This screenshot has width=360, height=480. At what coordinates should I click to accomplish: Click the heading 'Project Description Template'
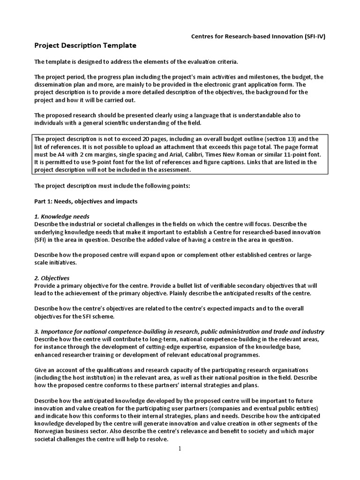tap(85, 46)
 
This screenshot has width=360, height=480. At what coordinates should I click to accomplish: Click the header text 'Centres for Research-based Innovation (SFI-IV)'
tap(253, 37)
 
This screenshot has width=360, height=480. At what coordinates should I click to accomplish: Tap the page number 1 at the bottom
tap(180, 449)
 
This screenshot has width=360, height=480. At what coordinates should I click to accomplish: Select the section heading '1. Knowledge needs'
tap(63, 217)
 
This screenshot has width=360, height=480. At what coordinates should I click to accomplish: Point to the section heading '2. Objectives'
tap(52, 278)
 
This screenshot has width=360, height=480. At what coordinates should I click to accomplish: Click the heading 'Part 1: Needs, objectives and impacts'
tap(86, 201)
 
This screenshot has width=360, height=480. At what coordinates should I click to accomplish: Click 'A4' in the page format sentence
tap(64, 155)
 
